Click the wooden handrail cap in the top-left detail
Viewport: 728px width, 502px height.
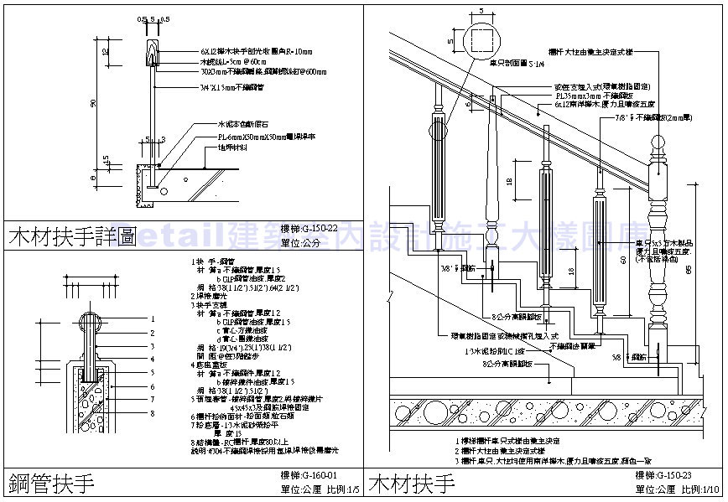coord(153,50)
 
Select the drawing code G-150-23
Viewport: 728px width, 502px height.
coord(679,475)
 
